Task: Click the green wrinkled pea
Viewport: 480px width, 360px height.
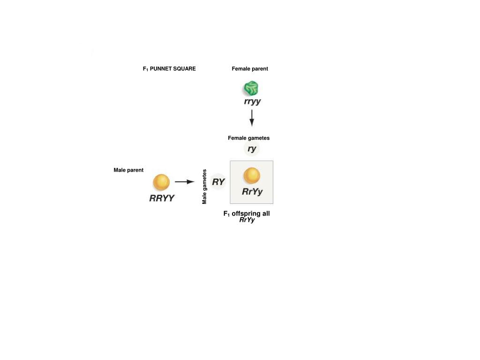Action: point(251,88)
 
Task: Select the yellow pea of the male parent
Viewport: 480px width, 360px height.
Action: point(161,182)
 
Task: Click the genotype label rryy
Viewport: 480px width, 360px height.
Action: point(252,102)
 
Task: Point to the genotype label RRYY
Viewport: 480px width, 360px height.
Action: point(162,198)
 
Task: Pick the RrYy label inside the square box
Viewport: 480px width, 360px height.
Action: point(252,192)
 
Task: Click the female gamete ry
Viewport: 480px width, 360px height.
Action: point(252,149)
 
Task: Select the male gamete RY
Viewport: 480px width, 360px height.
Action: point(218,182)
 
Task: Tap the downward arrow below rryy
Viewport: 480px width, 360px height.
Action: point(252,118)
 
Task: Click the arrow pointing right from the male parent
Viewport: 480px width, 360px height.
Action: point(185,182)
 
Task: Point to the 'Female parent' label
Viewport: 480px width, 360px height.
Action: point(250,69)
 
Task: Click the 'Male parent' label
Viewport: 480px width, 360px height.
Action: point(128,170)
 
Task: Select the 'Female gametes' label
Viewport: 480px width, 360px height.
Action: point(248,138)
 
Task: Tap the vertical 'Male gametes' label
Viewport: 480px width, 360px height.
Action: point(204,187)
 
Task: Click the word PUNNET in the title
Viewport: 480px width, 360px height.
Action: point(161,69)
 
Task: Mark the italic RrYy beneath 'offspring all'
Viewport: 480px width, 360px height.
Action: point(247,220)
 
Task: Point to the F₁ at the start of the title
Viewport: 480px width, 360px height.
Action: point(145,69)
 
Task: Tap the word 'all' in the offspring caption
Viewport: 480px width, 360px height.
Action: point(265,214)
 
